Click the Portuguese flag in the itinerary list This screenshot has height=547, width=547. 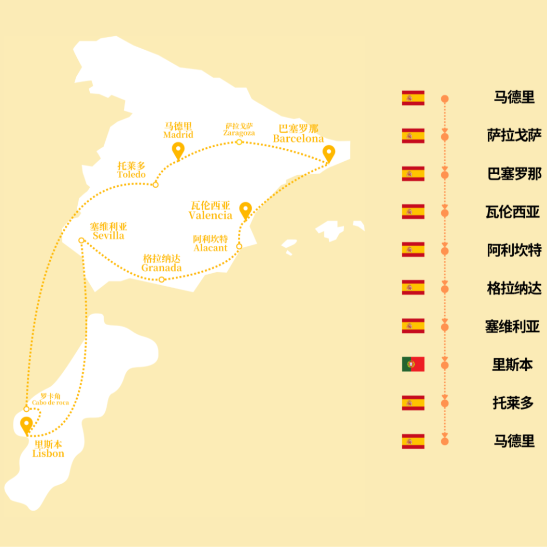[x=413, y=364]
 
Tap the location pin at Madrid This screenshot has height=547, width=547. [x=178, y=150]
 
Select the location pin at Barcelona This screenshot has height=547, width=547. [x=329, y=153]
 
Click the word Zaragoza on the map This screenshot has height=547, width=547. [x=239, y=133]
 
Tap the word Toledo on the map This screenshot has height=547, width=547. [x=131, y=174]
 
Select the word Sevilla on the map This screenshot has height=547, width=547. [x=108, y=235]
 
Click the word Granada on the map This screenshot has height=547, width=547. [x=162, y=268]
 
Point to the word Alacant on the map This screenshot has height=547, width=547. [x=211, y=248]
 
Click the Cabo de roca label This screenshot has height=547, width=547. [x=50, y=402]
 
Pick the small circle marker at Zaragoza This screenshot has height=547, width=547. [x=239, y=142]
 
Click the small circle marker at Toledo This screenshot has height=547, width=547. [x=155, y=185]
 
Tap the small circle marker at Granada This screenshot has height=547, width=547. [x=162, y=279]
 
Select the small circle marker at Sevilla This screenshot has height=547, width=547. [x=81, y=240]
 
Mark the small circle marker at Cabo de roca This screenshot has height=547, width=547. [x=26, y=409]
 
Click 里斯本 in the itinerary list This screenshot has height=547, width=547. [x=513, y=364]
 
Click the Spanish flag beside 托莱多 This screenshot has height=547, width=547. [x=413, y=403]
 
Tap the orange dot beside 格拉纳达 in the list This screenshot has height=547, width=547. [x=444, y=289]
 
